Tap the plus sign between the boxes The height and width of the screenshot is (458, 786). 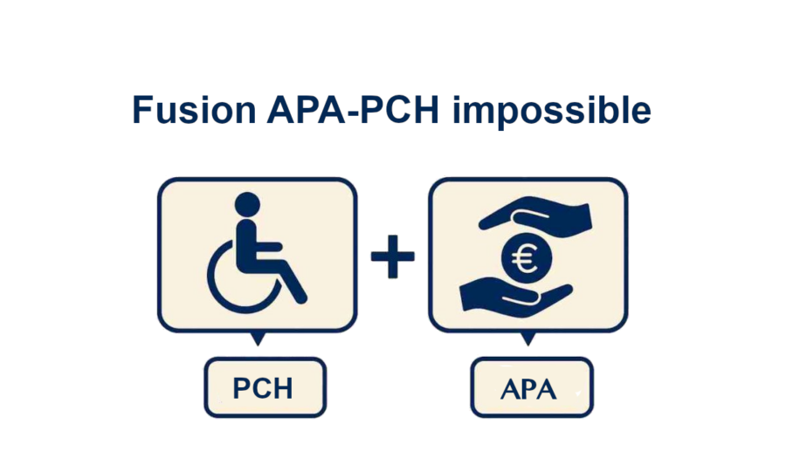[x=393, y=259]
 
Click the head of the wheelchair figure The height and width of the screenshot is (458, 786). [x=247, y=207]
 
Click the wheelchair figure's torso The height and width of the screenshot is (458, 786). [x=248, y=240]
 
